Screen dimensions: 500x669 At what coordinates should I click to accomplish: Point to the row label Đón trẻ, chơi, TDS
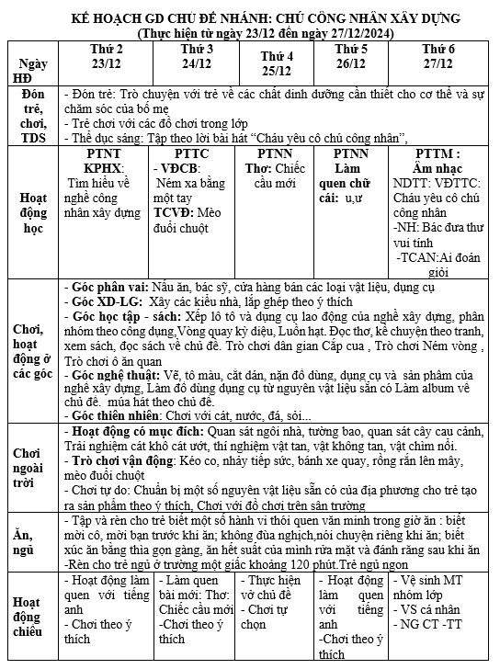pyautogui.click(x=33, y=117)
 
